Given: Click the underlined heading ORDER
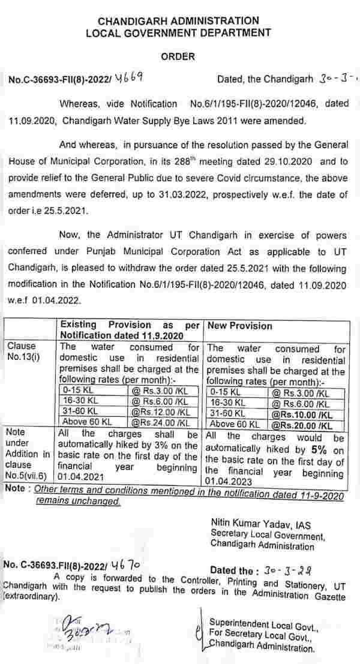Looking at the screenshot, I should click(178, 56).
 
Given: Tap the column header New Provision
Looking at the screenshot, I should click(239, 326).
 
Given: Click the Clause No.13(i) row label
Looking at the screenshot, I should click(22, 352).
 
